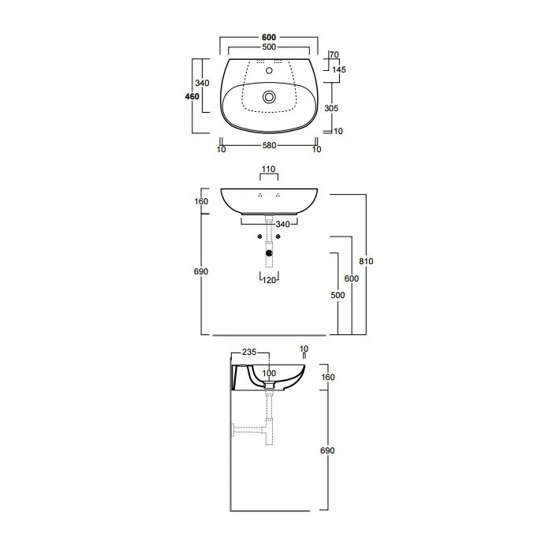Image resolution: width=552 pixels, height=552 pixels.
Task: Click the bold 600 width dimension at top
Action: coord(269,37)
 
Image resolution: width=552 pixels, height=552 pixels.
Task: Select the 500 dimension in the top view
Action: coord(269,47)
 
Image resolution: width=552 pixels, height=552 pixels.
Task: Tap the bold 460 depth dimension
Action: coord(192,96)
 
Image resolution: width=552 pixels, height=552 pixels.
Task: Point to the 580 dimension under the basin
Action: coord(269,145)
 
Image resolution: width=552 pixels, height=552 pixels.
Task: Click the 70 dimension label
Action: coord(334,54)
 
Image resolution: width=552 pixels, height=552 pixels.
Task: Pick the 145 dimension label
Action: coord(339,69)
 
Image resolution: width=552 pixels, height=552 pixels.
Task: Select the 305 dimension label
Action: coord(331,108)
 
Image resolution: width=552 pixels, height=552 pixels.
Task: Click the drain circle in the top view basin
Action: coord(269,96)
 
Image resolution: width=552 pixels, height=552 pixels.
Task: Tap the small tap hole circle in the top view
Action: coord(269,70)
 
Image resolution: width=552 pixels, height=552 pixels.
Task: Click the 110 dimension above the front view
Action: coord(268,169)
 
